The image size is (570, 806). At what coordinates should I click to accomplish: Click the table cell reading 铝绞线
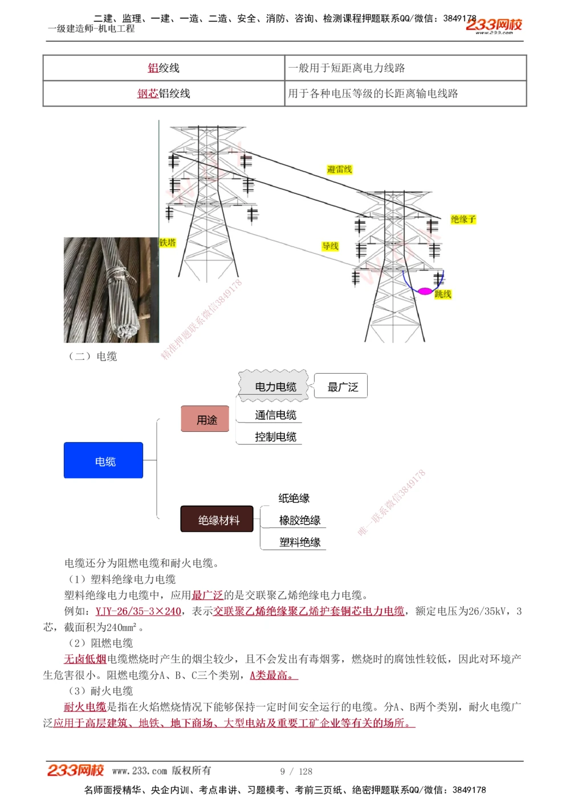[164, 68]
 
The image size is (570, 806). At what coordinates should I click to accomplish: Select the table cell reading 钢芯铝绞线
[164, 93]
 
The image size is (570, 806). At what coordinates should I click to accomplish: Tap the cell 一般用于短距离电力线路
[405, 68]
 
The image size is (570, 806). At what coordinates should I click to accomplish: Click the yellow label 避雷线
[340, 169]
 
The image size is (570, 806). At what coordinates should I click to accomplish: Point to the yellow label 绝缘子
[463, 219]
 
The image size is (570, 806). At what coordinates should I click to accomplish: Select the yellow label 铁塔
[168, 243]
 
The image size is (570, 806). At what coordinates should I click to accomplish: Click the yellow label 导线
[330, 246]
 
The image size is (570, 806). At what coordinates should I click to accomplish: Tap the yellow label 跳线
[443, 294]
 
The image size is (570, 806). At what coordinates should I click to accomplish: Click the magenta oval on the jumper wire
[425, 291]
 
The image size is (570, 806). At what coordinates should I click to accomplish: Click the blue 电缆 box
[103, 460]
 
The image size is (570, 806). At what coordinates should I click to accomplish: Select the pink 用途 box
[205, 419]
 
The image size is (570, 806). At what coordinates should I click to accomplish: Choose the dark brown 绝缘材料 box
[217, 519]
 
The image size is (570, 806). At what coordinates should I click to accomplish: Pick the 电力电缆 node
[275, 386]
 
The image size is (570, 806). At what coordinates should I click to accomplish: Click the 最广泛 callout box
[342, 386]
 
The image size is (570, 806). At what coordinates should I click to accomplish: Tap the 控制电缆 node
[275, 437]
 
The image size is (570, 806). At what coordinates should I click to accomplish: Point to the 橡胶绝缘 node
[299, 520]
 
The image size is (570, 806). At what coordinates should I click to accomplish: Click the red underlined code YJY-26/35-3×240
[138, 611]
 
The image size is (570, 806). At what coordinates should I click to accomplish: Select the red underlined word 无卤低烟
[85, 659]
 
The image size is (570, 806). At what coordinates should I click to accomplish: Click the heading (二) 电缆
[92, 357]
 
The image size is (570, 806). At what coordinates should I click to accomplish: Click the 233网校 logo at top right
[494, 24]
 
